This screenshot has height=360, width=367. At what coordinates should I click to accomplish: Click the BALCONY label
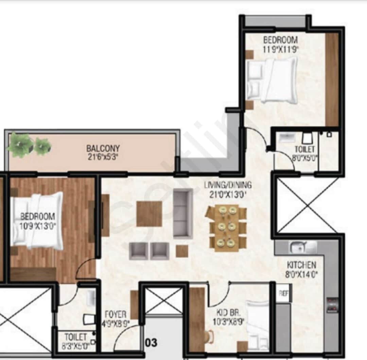click(103, 149)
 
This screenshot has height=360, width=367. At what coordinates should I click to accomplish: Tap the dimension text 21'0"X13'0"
click(228, 195)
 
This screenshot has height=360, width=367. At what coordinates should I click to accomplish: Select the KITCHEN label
click(301, 265)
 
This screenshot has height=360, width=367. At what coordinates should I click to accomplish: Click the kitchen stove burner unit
click(332, 305)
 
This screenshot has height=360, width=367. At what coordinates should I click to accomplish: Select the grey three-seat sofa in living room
click(183, 213)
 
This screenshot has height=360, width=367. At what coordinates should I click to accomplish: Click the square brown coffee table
click(149, 214)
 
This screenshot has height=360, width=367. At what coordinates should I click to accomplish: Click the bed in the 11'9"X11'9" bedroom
click(272, 80)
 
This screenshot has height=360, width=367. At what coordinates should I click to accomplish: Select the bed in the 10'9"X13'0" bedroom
click(37, 220)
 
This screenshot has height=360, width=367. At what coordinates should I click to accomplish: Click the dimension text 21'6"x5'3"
click(103, 157)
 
